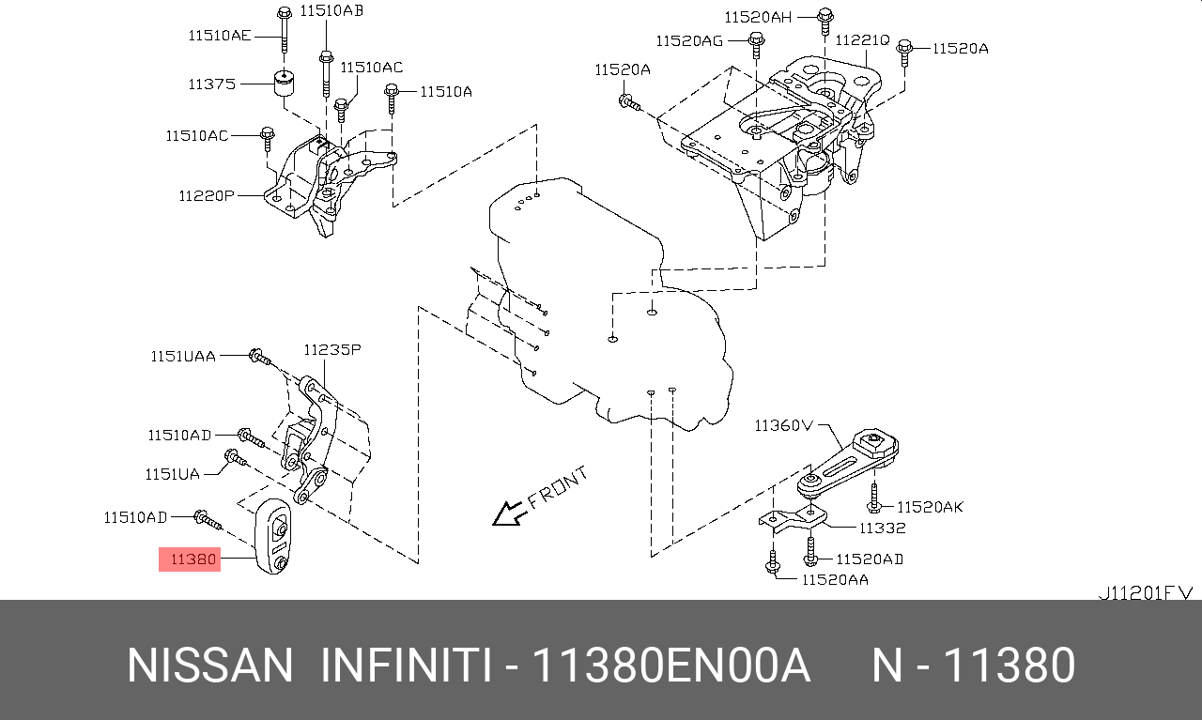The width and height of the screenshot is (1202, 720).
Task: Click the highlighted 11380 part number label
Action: tap(190, 560)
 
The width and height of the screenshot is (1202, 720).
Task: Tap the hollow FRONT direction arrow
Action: tap(510, 513)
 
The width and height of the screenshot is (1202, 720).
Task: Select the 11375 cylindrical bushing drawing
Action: tap(285, 83)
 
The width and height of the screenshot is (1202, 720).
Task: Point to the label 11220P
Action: tap(207, 196)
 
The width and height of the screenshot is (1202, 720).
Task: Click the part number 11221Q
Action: tap(861, 39)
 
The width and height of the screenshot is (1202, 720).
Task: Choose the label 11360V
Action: tap(782, 425)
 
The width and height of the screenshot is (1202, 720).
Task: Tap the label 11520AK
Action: tap(930, 507)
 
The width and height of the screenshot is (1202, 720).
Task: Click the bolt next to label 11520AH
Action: tap(824, 18)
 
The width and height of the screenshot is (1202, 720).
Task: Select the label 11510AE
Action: tap(220, 36)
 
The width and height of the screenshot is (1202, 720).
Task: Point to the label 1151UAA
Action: tap(183, 356)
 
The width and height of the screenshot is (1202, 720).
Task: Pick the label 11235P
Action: tap(331, 349)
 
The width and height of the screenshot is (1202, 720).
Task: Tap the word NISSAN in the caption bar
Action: tap(210, 666)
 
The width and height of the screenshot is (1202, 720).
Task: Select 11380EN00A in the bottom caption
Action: tap(670, 666)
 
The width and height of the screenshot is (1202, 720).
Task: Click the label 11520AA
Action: tap(834, 579)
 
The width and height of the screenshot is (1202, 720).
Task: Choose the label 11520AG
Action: tap(689, 40)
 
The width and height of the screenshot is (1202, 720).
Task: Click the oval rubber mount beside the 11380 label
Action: tap(275, 537)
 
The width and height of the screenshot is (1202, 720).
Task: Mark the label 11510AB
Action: tap(331, 11)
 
